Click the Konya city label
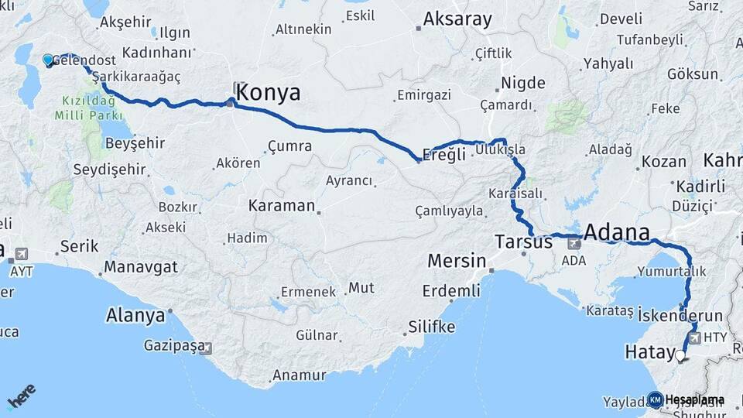[x=268, y=93]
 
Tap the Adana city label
[x=616, y=232]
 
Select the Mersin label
[x=457, y=261]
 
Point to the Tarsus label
[x=524, y=242]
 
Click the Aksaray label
[x=457, y=19]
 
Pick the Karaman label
[x=282, y=206]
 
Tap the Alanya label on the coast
[x=135, y=316]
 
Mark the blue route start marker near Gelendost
[x=48, y=60]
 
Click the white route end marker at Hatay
[x=680, y=356]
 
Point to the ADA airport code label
[x=574, y=262]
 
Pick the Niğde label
[x=523, y=83]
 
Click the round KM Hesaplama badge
[x=655, y=399]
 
